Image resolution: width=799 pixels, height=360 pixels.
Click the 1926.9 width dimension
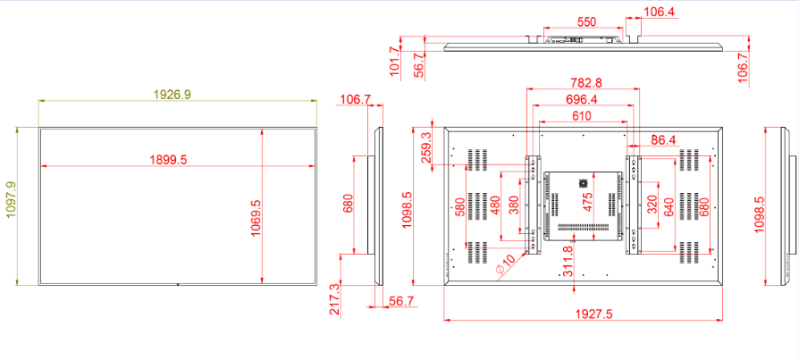pyautogui.click(x=172, y=94)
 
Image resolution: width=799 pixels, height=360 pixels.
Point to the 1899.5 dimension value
pyautogui.click(x=168, y=159)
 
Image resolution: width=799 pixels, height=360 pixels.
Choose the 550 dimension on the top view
pyautogui.click(x=586, y=22)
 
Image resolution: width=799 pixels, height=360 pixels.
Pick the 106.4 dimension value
pyautogui.click(x=660, y=12)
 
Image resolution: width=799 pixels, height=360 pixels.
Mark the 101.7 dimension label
pyautogui.click(x=394, y=62)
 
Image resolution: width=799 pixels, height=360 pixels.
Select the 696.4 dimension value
pyautogui.click(x=583, y=99)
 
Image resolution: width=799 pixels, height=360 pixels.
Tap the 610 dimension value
pyautogui.click(x=582, y=115)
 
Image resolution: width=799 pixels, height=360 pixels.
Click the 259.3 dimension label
pyautogui.click(x=427, y=147)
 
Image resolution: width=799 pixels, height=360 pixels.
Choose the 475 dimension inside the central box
pyautogui.click(x=588, y=202)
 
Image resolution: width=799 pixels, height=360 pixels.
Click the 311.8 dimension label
pyautogui.click(x=568, y=262)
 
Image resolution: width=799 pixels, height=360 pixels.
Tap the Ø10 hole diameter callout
pyautogui.click(x=506, y=264)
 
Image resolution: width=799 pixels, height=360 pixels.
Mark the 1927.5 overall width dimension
pyautogui.click(x=593, y=314)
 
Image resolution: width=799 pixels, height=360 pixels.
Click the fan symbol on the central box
pyautogui.click(x=583, y=182)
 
